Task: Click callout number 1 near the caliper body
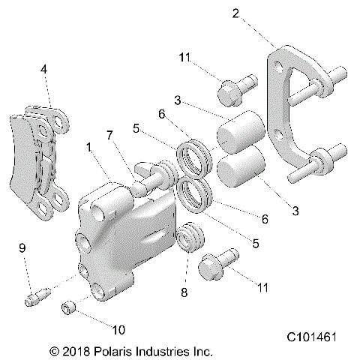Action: (x=88, y=148)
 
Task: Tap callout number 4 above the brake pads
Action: (x=44, y=69)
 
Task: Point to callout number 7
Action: (x=109, y=135)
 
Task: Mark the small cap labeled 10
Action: (x=70, y=307)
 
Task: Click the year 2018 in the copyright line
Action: (x=77, y=350)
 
